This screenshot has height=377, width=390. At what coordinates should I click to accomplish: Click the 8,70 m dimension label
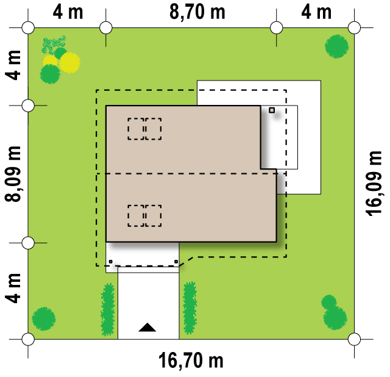point(197,12)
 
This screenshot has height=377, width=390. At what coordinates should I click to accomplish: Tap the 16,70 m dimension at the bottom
point(191,361)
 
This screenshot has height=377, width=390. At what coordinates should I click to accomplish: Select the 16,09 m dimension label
point(374,183)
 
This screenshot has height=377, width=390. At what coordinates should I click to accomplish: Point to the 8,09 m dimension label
point(12,174)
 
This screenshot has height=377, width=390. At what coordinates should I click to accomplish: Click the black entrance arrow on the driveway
point(147,328)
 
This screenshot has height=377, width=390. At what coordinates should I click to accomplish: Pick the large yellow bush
point(70,62)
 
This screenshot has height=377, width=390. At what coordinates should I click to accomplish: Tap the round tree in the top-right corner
point(336,46)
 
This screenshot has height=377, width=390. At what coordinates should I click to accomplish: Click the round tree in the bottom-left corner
point(44,319)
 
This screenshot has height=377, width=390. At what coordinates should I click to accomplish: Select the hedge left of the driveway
point(108,309)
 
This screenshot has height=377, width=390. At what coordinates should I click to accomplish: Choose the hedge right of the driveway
point(190,308)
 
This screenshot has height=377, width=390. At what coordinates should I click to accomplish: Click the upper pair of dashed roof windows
point(144,129)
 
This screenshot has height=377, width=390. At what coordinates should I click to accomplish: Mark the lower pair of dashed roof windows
point(144,216)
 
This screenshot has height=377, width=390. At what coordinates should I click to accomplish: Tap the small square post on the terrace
point(272,110)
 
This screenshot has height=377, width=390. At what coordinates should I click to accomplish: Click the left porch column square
point(111,262)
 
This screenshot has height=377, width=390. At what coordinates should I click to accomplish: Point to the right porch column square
point(176,262)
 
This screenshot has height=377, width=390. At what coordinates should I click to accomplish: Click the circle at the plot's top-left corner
point(28,27)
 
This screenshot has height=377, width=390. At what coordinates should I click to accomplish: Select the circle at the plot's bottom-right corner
point(354,339)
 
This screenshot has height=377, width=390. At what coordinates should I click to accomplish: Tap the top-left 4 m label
point(68,12)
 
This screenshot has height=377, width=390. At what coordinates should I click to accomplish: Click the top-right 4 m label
point(316,12)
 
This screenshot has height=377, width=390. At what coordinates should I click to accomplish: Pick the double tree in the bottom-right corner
point(334,312)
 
